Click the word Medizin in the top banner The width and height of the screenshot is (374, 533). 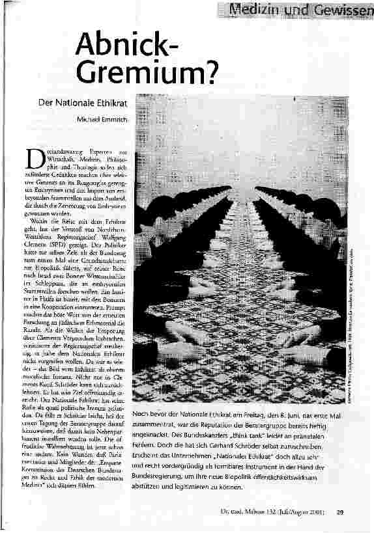click(253, 10)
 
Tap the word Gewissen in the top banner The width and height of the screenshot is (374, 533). click(339, 10)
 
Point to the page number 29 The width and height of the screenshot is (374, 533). click(340, 512)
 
